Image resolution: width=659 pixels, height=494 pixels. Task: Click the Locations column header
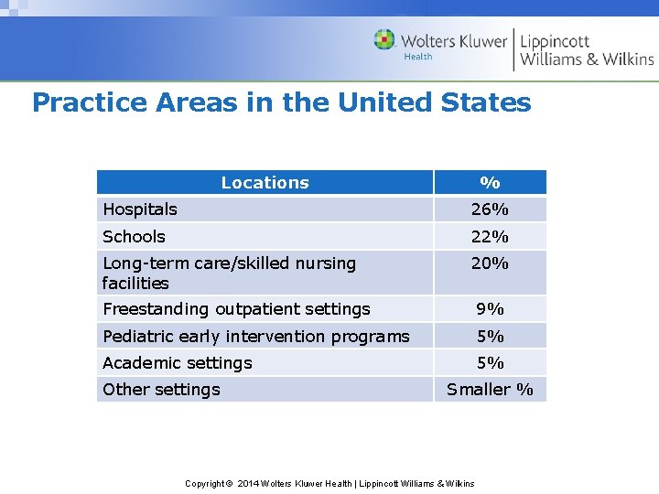pos(265,183)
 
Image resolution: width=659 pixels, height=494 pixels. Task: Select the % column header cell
pos(490,183)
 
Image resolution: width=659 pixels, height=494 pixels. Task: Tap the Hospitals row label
pos(140,209)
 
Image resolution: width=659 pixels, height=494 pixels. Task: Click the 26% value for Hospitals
pos(490,209)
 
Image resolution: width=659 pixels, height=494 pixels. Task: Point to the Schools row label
pos(134,237)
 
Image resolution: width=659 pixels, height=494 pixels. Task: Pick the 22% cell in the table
pos(490,237)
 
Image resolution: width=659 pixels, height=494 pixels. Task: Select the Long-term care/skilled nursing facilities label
pos(229,273)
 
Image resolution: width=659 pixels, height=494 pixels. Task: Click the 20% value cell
pos(490,263)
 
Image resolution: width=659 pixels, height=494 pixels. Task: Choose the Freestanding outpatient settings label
pos(236,309)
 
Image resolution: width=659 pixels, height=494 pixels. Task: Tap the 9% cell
pos(490,309)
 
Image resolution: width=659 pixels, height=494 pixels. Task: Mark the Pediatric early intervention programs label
pos(256,336)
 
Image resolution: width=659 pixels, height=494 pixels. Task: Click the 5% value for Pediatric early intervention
pos(490,336)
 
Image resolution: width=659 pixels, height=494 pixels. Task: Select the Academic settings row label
pos(177,363)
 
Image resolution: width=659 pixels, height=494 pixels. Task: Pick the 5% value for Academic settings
pos(490,363)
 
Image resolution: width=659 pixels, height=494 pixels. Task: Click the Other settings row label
pos(161,390)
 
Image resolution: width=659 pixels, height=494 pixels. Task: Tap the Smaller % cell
pos(490,390)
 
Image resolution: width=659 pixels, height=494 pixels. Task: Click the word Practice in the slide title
pos(90,102)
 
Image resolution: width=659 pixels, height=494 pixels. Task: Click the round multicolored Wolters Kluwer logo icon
pos(384,40)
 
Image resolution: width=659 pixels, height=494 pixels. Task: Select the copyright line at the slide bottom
pos(329,483)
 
